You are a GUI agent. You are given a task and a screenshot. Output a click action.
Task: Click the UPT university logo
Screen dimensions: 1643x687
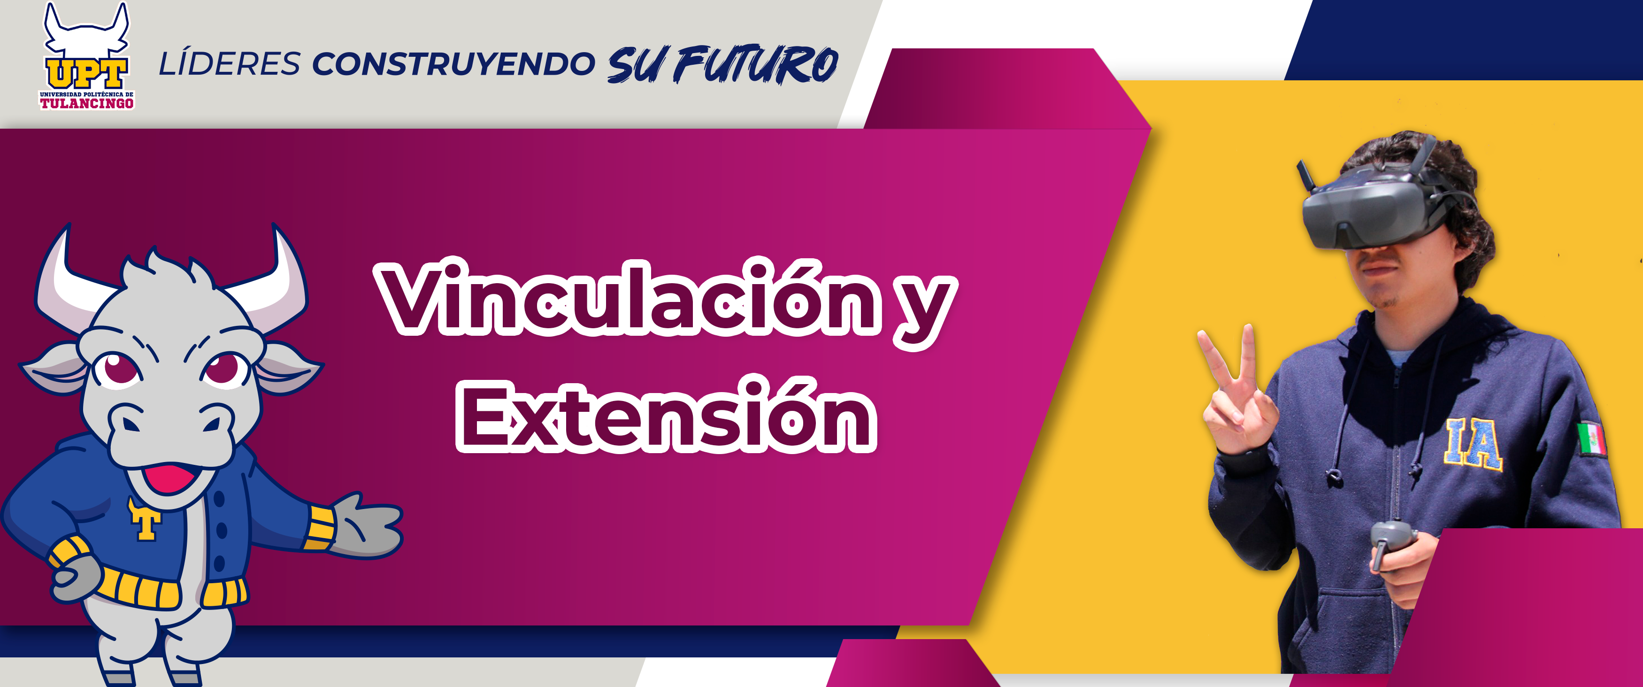coord(87,56)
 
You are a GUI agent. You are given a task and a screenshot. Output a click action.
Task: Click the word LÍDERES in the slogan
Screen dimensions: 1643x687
coord(230,64)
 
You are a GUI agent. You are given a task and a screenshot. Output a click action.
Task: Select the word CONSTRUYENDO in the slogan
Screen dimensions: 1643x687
coord(453,64)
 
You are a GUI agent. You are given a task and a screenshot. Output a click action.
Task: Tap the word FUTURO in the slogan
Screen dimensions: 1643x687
coord(756,64)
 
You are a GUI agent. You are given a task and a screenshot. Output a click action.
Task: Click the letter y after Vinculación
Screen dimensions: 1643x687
coord(925,313)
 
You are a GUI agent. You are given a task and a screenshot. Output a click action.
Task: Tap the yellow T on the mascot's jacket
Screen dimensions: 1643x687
coord(145,518)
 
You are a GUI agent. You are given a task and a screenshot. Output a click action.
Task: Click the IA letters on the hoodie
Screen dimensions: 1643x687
coord(1474,444)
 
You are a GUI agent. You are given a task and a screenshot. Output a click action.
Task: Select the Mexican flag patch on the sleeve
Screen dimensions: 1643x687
coord(1591,439)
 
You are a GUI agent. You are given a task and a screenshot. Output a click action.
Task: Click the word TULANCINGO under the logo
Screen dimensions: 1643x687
coord(87,103)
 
